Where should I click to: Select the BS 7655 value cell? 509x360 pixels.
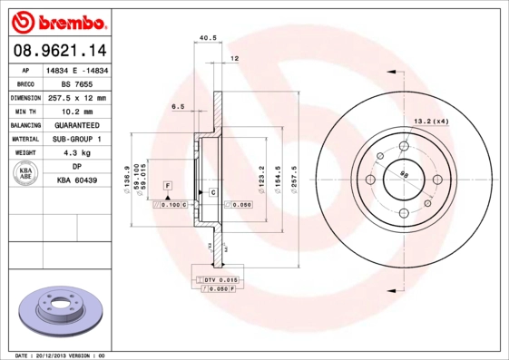tap(77, 83)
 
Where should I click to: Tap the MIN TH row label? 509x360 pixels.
tap(25, 111)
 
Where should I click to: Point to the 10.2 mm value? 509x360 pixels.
tap(77, 111)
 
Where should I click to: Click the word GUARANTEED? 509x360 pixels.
tap(77, 124)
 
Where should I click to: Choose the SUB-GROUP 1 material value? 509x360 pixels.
tap(77, 139)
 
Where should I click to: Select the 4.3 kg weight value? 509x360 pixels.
tap(77, 153)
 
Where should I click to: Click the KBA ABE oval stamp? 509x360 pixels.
tap(26, 173)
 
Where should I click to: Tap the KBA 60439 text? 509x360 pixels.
tap(77, 181)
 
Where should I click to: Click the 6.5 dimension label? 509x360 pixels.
tap(178, 106)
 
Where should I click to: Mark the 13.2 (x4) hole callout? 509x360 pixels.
tap(432, 121)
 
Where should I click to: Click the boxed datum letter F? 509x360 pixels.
tap(168, 185)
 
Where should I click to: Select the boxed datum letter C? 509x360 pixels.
tap(212, 192)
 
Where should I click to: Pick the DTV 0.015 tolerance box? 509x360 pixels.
tap(219, 280)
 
